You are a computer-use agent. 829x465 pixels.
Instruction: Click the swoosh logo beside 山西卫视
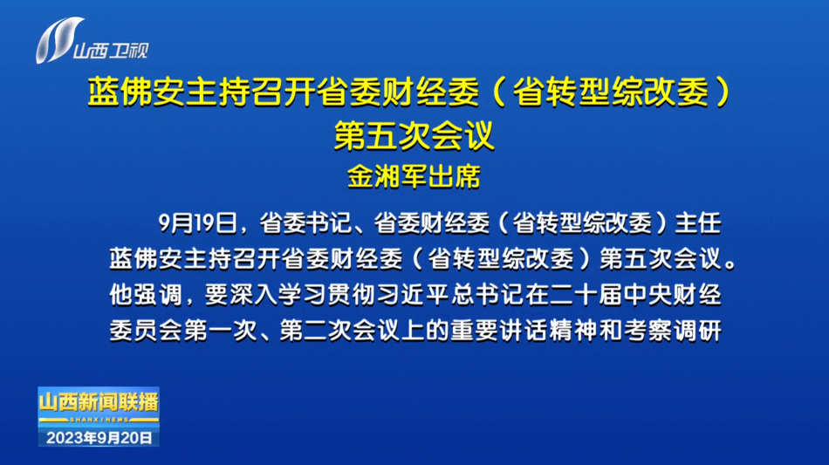point(58,40)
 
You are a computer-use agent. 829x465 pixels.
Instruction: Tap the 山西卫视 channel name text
point(111,51)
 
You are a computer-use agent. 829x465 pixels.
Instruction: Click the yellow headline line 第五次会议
point(414,135)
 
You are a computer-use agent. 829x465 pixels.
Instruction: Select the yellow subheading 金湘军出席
point(414,176)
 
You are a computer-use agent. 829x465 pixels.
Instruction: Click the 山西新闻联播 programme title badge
point(99,403)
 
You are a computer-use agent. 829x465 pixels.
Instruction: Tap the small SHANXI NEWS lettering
point(99,420)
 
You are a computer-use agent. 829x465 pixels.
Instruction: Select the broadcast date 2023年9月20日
point(99,438)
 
